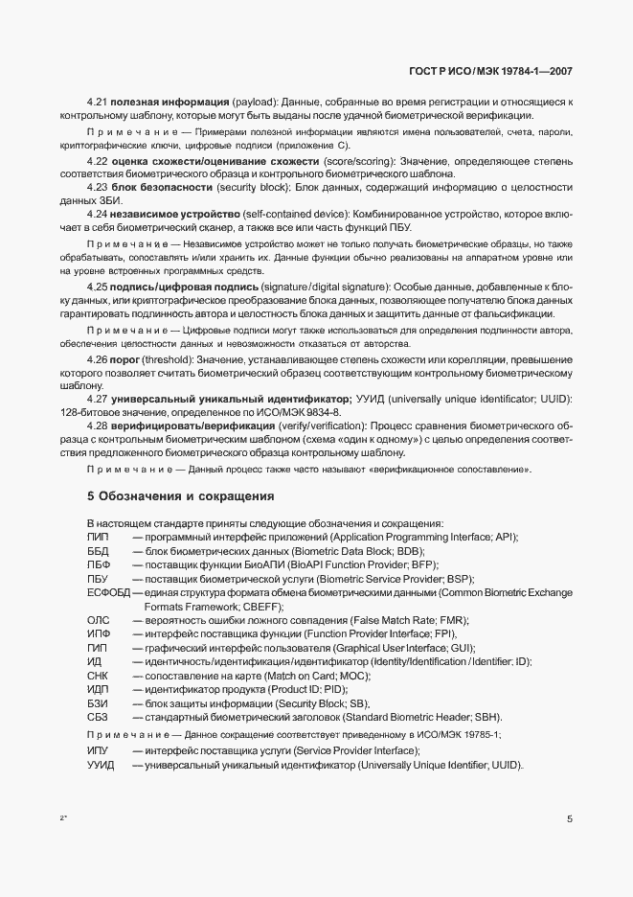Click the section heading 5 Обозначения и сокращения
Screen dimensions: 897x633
tap(181, 497)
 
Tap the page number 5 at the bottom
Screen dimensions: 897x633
tap(570, 820)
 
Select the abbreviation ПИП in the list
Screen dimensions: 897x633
tap(98, 538)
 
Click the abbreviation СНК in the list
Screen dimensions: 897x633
tap(99, 677)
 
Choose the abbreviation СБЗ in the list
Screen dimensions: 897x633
tap(99, 718)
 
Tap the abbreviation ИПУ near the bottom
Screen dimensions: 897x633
tap(98, 750)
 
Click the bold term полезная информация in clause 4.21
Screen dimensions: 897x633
tap(170, 101)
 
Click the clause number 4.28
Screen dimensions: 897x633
tap(97, 425)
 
